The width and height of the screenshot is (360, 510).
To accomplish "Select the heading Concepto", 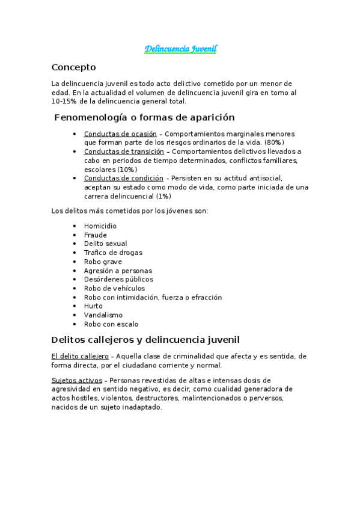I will [x=73, y=67].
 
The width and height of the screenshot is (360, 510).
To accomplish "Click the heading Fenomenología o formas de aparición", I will [x=144, y=117].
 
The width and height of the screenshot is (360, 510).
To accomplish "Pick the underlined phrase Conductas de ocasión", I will [x=120, y=134].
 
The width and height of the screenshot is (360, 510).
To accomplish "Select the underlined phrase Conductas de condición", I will [x=123, y=178].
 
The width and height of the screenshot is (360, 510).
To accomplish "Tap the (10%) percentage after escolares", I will [x=127, y=170].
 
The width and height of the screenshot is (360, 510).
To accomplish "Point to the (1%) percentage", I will [x=163, y=196].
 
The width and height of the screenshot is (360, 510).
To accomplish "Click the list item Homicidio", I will [x=100, y=226].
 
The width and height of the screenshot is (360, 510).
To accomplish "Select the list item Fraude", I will [x=96, y=235].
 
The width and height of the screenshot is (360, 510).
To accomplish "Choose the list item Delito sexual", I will [x=105, y=244].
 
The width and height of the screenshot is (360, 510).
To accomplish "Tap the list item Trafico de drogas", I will [x=113, y=253].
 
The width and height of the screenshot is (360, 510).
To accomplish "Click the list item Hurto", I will [x=93, y=306].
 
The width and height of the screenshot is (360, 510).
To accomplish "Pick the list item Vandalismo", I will [x=103, y=315].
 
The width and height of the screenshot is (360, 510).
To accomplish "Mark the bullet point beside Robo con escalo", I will [x=74, y=324].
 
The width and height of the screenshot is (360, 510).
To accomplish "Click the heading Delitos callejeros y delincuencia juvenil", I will [x=145, y=340].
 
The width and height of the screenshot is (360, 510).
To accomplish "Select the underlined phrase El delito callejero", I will [x=80, y=356].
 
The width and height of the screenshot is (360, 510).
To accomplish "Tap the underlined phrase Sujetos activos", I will [x=77, y=380].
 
